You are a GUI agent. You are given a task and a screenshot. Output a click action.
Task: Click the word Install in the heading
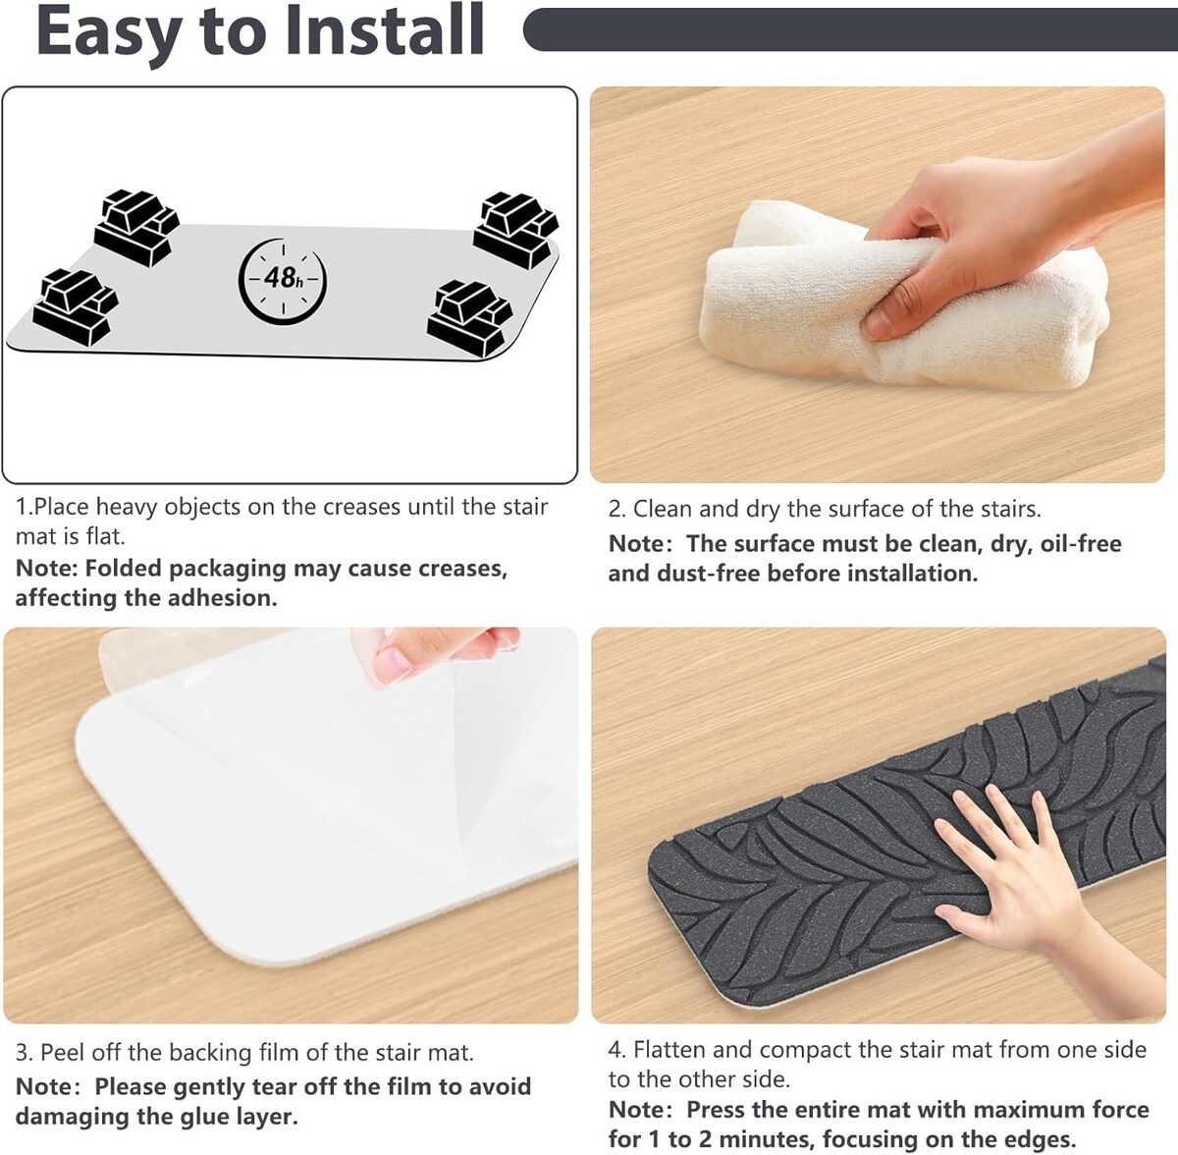point(385,30)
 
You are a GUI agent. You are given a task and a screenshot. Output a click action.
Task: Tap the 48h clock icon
point(283,280)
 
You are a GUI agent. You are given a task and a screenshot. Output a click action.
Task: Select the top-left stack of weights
point(136,227)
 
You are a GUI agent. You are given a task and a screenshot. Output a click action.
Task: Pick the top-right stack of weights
point(516,230)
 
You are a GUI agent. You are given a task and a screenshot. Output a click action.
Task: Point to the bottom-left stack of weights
point(76,307)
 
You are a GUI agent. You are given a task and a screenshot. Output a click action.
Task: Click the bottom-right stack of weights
point(469,319)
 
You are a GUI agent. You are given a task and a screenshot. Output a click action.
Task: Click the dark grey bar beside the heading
point(850,28)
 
